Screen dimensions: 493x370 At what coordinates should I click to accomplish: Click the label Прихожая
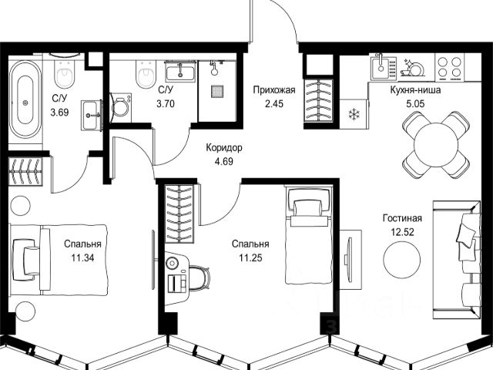point(273,89)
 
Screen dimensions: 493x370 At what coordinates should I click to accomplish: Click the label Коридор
point(223,147)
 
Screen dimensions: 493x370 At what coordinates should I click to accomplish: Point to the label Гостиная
point(402,218)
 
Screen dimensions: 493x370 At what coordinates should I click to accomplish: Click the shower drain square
point(217,89)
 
